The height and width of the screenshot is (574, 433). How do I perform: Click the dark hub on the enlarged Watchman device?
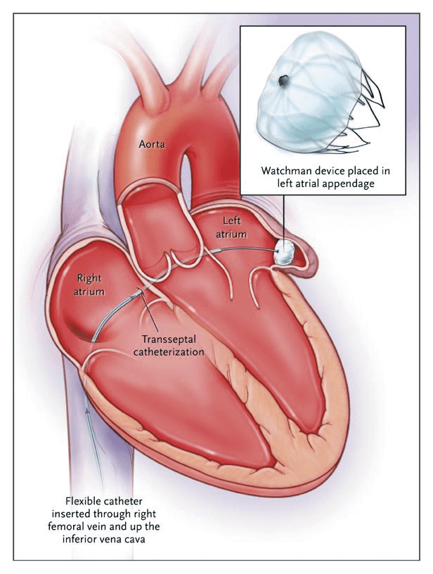283,81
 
